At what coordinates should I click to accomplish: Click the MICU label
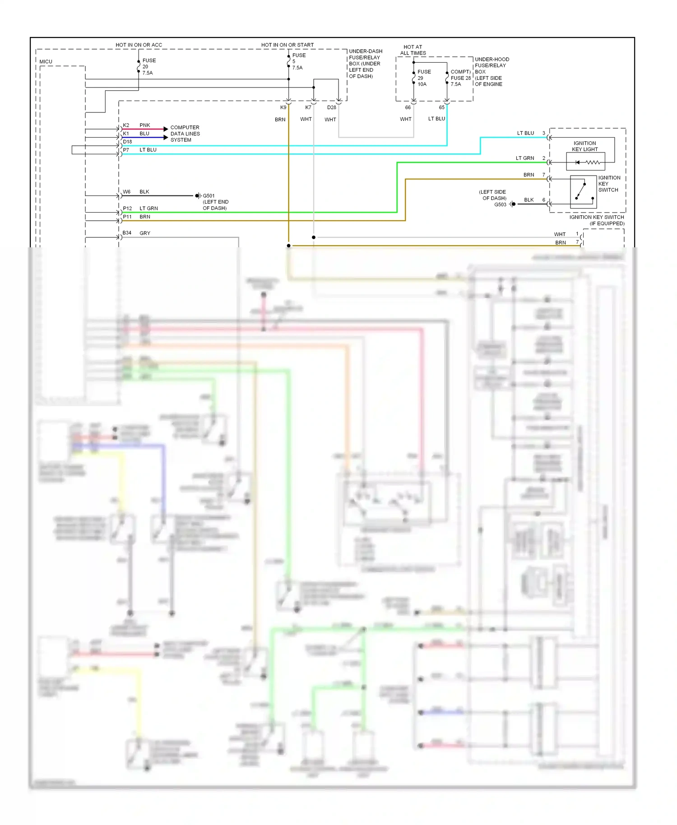46,61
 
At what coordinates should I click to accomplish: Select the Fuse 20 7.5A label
149,66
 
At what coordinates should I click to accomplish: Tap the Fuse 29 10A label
424,78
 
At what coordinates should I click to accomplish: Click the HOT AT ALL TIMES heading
413,50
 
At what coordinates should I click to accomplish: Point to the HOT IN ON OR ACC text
139,45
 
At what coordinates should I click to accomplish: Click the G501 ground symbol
198,195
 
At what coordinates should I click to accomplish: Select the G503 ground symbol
513,204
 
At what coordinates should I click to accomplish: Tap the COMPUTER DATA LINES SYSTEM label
185,134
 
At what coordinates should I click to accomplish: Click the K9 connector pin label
283,107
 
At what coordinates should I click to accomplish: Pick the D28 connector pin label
331,107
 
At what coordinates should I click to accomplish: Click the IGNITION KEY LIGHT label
584,146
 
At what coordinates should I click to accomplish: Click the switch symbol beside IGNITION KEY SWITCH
583,191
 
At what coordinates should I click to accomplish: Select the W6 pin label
126,192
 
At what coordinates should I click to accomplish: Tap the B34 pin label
127,233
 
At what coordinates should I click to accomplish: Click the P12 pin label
127,208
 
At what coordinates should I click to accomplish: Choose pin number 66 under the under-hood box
408,107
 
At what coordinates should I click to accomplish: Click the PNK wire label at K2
144,125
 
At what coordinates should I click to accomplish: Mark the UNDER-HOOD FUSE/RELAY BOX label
492,71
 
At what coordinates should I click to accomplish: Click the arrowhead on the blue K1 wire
166,137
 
